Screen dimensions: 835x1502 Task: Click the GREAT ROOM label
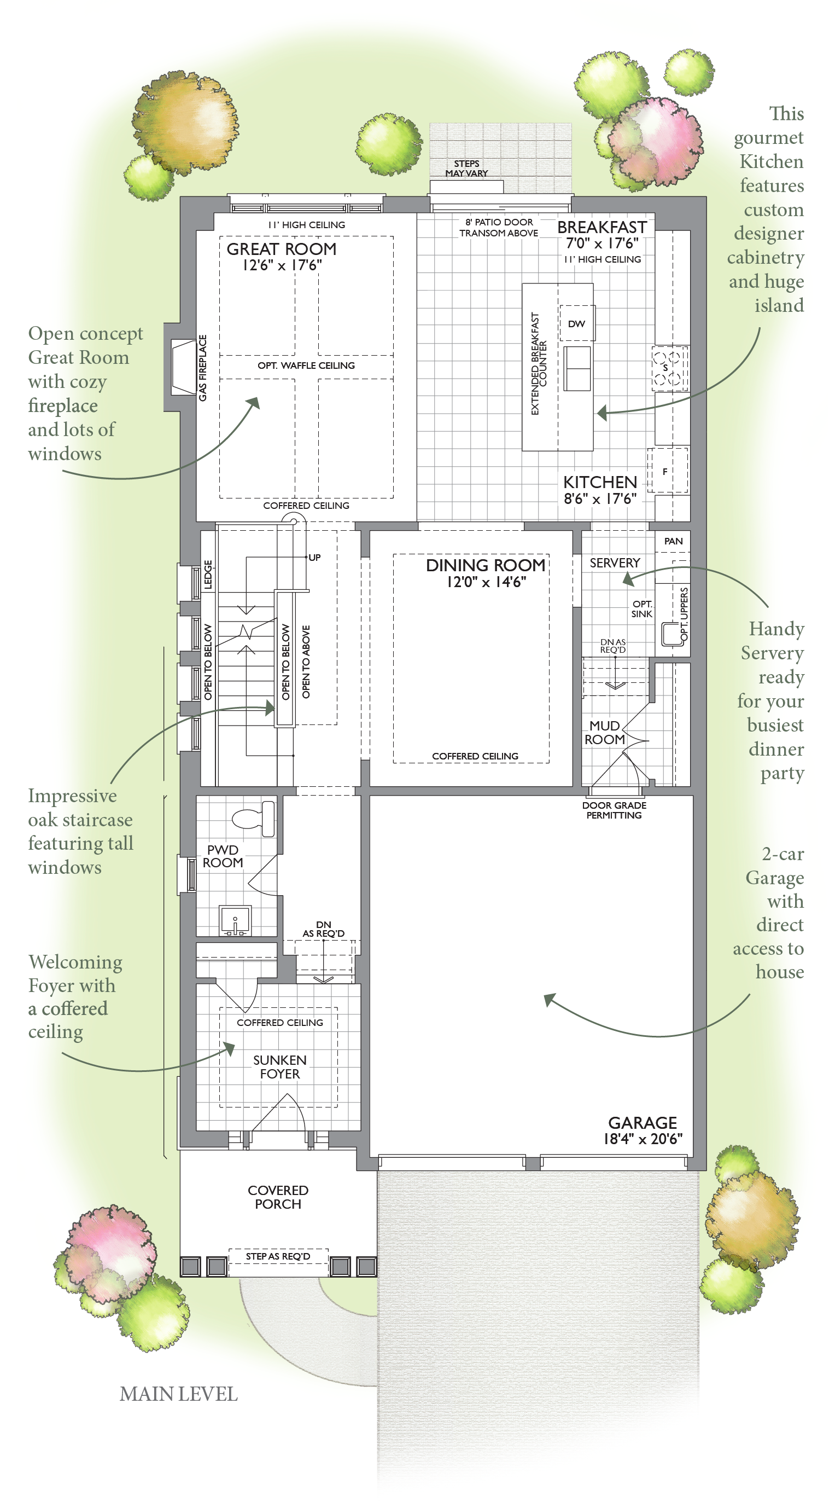[x=282, y=249]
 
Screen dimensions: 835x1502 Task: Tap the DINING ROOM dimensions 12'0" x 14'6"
[x=486, y=582]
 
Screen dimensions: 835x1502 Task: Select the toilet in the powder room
[x=254, y=818]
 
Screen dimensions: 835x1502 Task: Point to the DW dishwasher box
[x=577, y=323]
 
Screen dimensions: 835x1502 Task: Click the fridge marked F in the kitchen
[x=668, y=471]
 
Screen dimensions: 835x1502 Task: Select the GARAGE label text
[x=643, y=1122]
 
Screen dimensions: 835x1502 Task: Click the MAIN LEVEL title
[x=178, y=1394]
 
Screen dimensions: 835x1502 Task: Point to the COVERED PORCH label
[x=278, y=1197]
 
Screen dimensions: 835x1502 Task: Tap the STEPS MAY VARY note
[x=467, y=169]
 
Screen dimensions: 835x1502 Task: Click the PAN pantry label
[x=673, y=541]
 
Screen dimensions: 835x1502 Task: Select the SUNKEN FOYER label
[x=279, y=1067]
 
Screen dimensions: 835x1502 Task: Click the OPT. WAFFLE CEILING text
[x=306, y=366]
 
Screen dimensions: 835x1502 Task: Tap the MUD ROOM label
[x=605, y=732]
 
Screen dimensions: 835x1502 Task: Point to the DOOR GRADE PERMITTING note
[x=614, y=810]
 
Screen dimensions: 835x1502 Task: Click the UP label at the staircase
[x=314, y=558]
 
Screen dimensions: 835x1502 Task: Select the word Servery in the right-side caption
[x=772, y=653]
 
